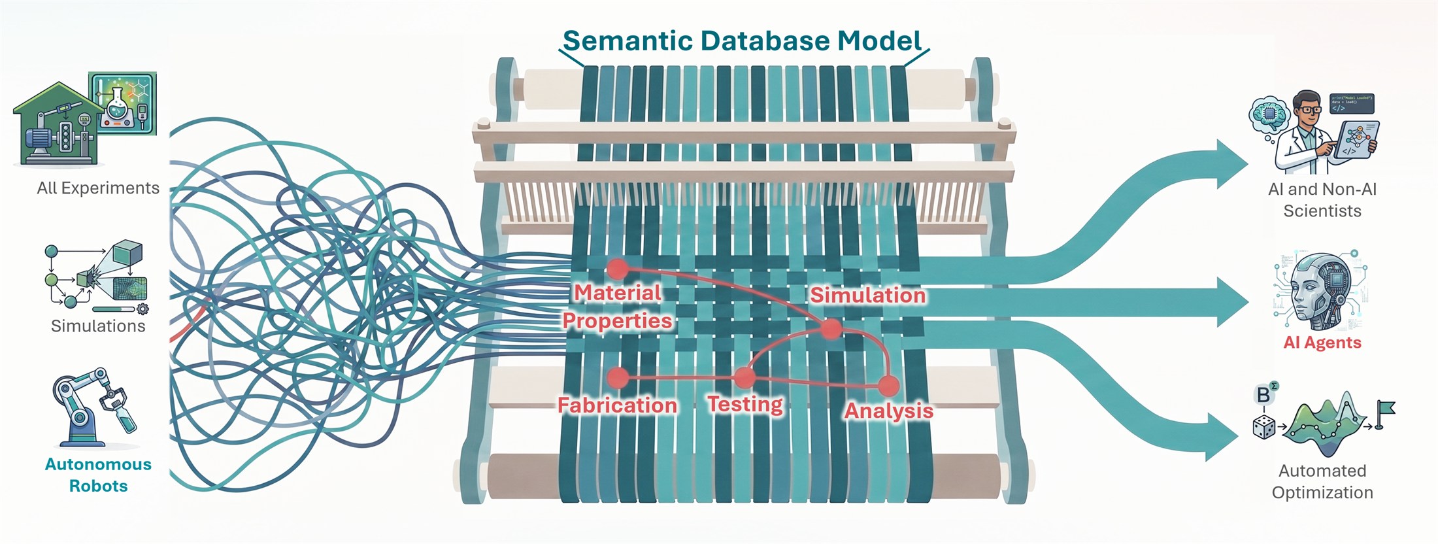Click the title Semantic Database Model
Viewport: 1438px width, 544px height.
742,41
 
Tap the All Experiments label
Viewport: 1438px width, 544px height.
98,188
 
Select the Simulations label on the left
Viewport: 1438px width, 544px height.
98,326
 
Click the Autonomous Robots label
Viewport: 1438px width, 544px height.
98,475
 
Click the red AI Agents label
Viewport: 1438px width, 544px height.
1322,343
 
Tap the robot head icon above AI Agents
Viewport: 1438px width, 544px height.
1318,290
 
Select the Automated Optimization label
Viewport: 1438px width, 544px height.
1322,481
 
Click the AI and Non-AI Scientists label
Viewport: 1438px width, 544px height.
1322,200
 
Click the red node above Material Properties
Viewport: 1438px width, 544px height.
617,269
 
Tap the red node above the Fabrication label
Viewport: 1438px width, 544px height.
618,377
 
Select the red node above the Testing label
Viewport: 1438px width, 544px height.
744,377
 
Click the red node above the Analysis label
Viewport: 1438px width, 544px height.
888,386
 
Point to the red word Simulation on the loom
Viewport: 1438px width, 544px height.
868,295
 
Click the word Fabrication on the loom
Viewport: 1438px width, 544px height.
617,405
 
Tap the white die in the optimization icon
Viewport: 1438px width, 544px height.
1263,428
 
